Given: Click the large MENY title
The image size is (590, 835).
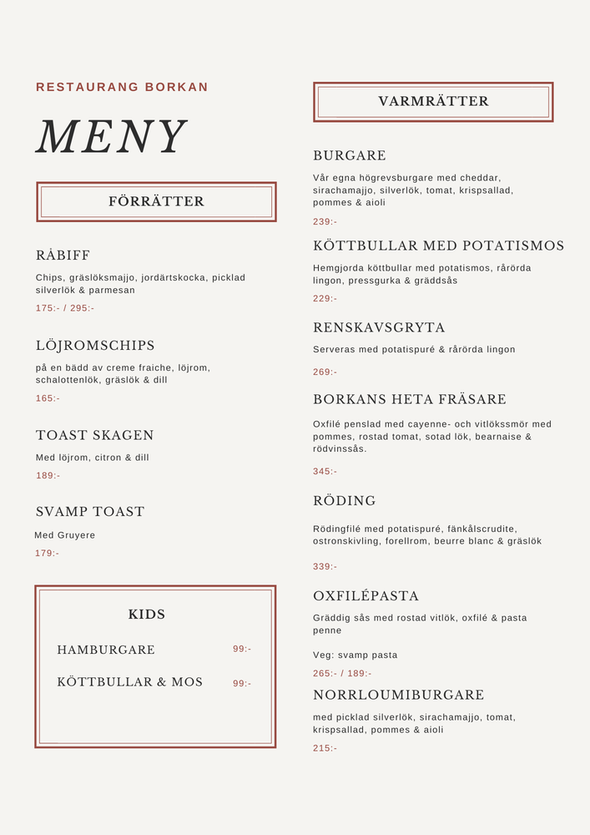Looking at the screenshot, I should click(x=111, y=137).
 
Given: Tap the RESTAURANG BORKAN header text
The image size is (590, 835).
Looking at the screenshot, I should click(x=122, y=87).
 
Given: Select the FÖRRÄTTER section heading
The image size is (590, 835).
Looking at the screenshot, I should click(x=156, y=201).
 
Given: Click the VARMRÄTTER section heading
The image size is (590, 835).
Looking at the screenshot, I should click(x=433, y=101).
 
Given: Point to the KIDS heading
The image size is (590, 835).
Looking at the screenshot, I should click(x=147, y=615).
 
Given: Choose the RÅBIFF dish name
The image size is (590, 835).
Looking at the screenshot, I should click(x=63, y=256).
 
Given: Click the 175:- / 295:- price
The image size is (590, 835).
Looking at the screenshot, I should click(x=65, y=308).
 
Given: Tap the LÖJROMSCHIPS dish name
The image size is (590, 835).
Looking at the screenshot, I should click(x=95, y=346).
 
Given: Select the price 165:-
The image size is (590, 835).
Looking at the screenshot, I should click(x=48, y=398).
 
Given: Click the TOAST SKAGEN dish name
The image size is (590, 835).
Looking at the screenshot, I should click(x=95, y=435).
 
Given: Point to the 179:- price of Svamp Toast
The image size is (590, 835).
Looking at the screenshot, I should click(x=48, y=553).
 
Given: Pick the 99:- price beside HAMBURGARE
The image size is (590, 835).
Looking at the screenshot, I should click(x=242, y=649).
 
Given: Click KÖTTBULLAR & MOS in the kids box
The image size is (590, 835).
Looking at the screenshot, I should click(x=130, y=682).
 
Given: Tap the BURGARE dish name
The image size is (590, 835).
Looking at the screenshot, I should click(x=350, y=155).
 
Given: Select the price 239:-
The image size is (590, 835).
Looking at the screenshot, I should click(x=325, y=221).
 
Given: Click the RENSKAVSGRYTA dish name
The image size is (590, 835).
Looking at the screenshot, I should click(x=379, y=327).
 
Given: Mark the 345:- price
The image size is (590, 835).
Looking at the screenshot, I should click(x=325, y=471).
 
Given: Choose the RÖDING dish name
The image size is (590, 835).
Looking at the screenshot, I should click(x=345, y=501).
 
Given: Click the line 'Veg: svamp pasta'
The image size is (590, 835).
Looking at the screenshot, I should click(x=356, y=655).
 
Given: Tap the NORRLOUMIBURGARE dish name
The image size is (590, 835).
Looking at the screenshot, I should click(x=399, y=695).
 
